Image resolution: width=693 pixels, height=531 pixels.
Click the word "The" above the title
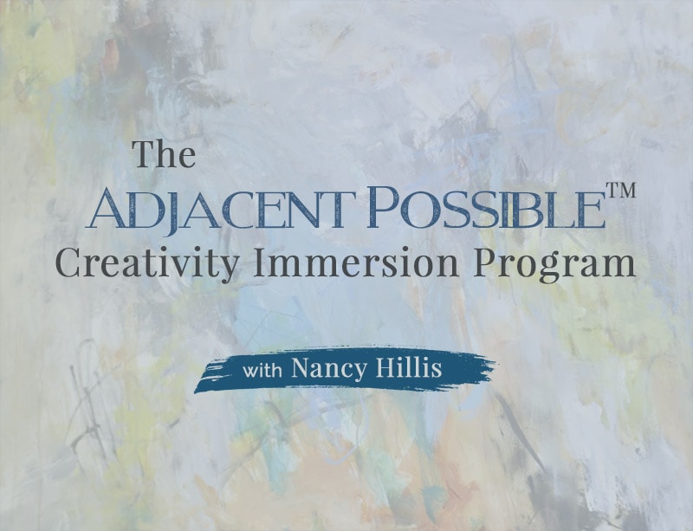tap(165, 154)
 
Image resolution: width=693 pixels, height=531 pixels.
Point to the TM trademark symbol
tap(621, 191)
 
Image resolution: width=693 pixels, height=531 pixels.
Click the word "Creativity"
tap(147, 264)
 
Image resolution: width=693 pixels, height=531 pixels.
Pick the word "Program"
tap(554, 265)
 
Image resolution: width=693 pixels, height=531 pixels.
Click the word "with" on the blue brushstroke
tap(262, 370)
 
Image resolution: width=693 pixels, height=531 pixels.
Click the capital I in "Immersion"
tap(262, 263)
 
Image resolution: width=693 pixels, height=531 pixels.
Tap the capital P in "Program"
tap(485, 263)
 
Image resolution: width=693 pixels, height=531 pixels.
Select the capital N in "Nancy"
tap(301, 368)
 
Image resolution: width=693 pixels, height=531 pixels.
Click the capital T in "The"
tap(146, 154)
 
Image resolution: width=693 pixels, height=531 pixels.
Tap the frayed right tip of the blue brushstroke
tap(494, 364)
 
